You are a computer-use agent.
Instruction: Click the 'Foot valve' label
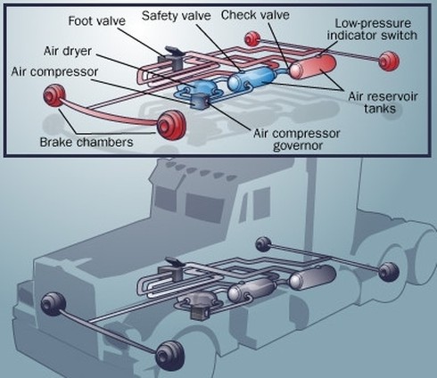point(96,21)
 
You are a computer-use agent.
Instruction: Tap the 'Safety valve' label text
point(177,15)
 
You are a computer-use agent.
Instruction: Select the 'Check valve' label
point(255,15)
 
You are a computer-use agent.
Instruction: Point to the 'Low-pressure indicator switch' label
point(372,29)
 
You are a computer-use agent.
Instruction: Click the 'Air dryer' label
point(68,51)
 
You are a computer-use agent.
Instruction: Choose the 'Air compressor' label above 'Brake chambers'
point(54,72)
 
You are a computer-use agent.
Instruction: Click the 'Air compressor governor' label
point(296,140)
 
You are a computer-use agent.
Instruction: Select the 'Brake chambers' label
point(87,142)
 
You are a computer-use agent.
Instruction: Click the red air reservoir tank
point(313,67)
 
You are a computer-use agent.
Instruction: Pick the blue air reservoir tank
point(251,78)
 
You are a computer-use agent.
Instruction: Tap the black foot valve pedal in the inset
point(175,51)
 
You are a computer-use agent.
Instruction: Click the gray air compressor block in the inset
point(200,102)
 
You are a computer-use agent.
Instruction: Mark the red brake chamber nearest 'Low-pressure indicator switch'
point(389,62)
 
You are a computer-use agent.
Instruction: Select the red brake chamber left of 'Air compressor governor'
point(171,126)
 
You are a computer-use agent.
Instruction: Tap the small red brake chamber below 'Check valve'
point(252,39)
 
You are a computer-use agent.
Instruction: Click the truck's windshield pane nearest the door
point(204,206)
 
